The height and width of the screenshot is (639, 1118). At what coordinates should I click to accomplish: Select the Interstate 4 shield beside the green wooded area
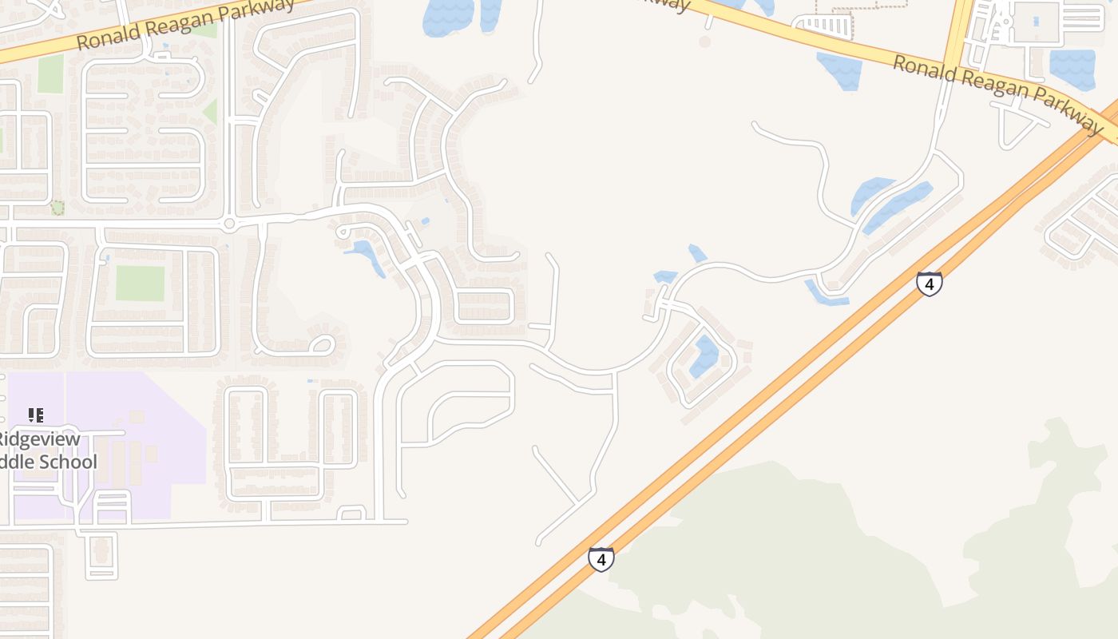point(601,559)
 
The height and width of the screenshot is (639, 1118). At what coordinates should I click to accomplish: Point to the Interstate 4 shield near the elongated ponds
point(929,284)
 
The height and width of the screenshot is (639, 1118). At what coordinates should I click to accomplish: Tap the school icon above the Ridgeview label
point(35,415)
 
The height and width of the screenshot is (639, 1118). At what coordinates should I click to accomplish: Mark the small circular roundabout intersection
point(229,224)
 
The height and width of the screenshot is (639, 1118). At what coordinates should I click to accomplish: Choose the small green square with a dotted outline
point(57,208)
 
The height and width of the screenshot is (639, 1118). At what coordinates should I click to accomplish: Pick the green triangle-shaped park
point(210,111)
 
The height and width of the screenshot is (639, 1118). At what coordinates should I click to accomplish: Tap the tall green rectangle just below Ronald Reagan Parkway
point(50,73)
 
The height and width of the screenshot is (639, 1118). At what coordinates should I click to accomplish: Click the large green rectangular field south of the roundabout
point(140,283)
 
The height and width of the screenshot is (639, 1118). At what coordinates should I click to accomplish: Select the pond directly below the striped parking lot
point(838,70)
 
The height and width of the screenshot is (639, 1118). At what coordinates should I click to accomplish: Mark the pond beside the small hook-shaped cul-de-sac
point(366,254)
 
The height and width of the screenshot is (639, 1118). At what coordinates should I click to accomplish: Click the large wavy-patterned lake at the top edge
point(447,16)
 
